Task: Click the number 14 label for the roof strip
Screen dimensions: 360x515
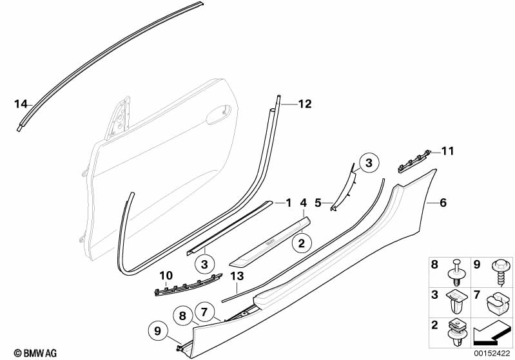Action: (x=21, y=104)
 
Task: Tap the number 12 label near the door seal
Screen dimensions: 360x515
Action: (x=304, y=103)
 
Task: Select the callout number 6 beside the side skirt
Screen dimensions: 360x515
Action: (x=442, y=203)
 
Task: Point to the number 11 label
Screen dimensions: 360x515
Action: (x=447, y=152)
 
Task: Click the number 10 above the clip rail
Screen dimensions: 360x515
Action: (x=166, y=276)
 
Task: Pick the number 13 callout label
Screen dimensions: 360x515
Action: (x=237, y=276)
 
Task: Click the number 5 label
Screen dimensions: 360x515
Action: (x=318, y=203)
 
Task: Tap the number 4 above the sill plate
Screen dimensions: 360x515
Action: (x=303, y=204)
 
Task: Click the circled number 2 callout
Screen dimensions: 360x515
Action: (x=300, y=243)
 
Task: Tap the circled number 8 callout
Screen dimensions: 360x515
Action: (x=182, y=316)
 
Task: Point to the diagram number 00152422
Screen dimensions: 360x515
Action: (x=489, y=353)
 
